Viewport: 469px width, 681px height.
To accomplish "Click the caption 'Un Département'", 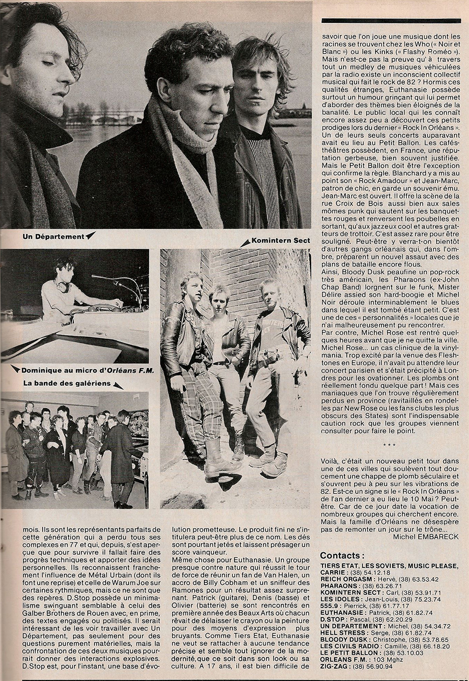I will [x=53, y=236].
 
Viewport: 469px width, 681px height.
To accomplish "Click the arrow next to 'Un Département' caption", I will [x=90, y=236].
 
